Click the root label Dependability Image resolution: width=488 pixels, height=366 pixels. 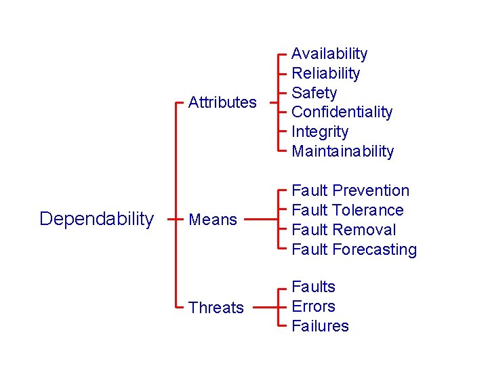[96, 219]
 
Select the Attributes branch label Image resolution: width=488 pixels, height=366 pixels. [222, 102]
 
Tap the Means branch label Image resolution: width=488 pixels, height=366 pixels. [213, 220]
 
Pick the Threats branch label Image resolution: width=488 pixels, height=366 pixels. [216, 308]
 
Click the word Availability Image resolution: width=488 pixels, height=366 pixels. [329, 54]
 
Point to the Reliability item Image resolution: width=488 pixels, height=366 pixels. [325, 73]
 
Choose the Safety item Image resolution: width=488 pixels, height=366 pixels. [314, 93]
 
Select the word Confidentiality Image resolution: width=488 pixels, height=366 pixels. [342, 112]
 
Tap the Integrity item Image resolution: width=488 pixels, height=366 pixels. [320, 131]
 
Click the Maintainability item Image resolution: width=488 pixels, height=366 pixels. [342, 151]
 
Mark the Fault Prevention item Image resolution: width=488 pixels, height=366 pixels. [350, 190]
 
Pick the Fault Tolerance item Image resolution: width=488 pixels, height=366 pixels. [347, 210]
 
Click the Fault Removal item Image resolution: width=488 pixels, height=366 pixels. [344, 230]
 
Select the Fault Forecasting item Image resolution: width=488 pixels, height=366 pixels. [354, 249]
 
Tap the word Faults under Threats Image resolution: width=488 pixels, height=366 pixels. [313, 287]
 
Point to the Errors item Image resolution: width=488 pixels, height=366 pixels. [313, 306]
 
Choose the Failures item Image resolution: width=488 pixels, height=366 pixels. [320, 326]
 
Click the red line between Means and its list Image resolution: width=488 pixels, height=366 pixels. [260, 220]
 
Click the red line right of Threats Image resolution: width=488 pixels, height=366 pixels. [266, 307]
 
